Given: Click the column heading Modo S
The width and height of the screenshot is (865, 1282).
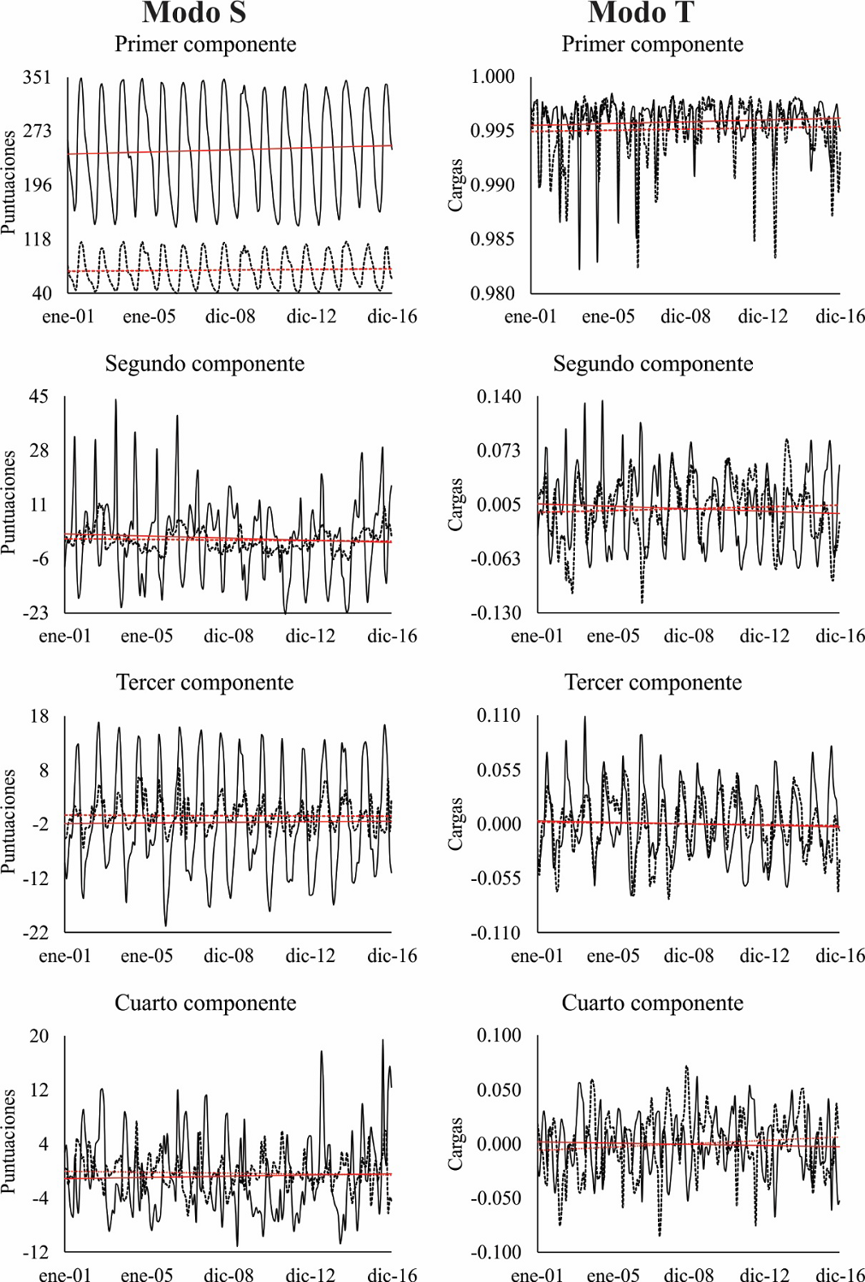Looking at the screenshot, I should (194, 13).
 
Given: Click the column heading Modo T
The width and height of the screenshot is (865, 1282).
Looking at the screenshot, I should (641, 13).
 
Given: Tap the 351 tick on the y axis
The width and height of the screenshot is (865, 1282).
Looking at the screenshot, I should (37, 78).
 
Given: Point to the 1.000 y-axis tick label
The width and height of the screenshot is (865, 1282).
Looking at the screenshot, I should (493, 77).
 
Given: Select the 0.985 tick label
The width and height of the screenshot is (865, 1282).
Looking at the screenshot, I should (493, 239).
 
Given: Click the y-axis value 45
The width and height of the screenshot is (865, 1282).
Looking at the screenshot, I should (39, 397).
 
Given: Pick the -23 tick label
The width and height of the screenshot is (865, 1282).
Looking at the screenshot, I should (35, 613).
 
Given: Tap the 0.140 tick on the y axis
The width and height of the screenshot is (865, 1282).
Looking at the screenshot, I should (498, 397).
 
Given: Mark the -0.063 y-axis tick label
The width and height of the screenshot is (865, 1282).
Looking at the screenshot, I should (495, 559).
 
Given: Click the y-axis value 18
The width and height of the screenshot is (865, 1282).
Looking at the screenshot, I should (39, 717).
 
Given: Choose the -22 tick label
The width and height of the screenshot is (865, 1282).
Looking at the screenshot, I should (35, 933).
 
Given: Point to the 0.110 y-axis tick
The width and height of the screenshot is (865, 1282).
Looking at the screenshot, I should (498, 716).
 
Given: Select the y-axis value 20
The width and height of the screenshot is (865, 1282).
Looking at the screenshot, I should (39, 1037).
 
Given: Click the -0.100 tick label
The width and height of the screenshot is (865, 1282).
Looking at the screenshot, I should (495, 1253).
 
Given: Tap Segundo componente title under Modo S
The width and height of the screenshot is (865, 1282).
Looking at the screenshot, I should (204, 364).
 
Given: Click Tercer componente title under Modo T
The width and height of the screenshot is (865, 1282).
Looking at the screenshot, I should (653, 683).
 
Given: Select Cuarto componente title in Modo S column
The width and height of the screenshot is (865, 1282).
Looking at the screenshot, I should (205, 1003).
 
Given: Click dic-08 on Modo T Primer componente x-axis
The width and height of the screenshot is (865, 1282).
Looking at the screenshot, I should (685, 316).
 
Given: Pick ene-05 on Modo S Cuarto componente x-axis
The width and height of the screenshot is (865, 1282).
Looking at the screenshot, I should (146, 1275).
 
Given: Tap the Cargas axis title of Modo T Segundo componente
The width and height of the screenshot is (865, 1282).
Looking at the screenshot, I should (456, 505).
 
